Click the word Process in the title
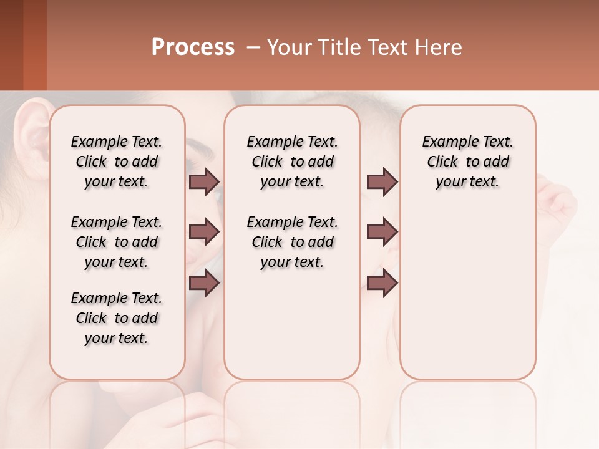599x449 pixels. (193, 47)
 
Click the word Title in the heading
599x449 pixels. (333, 47)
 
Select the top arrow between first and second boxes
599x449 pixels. (204, 182)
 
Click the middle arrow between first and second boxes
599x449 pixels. (204, 233)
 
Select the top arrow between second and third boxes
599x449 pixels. (382, 182)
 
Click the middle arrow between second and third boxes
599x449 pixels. (382, 233)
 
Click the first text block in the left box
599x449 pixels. (117, 162)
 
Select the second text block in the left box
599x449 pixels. (117, 242)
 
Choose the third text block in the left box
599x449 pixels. (117, 318)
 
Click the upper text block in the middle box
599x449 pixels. (292, 162)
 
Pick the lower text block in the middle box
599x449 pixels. (292, 242)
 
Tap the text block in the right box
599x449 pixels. (467, 162)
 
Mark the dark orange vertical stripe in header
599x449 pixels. (34, 45)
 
